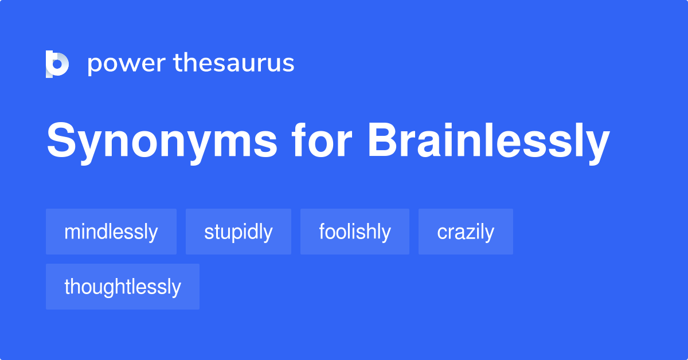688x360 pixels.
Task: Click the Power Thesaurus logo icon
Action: pyautogui.click(x=57, y=64)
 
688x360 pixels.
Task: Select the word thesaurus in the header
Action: pyautogui.click(x=234, y=62)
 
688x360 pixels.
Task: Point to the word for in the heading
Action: pyautogui.click(x=322, y=140)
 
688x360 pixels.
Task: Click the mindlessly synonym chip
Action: pyautogui.click(x=111, y=232)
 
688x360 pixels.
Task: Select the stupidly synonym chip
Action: pyautogui.click(x=239, y=232)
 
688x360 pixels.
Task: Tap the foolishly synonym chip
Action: pyautogui.click(x=355, y=232)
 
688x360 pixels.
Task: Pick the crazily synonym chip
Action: pyautogui.click(x=466, y=232)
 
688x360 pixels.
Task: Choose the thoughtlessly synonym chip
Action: pyautogui.click(x=123, y=287)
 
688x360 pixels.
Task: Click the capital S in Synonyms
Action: pyautogui.click(x=61, y=140)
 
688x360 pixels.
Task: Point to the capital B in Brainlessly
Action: pyautogui.click(x=383, y=140)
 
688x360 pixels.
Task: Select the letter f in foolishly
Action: pyautogui.click(x=323, y=231)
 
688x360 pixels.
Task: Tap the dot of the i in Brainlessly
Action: pyautogui.click(x=449, y=126)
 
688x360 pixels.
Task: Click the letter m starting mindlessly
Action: pyautogui.click(x=72, y=233)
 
